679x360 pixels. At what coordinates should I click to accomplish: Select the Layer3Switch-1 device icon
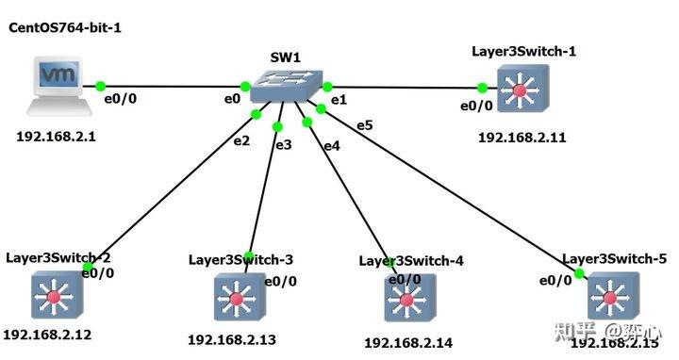click(521, 92)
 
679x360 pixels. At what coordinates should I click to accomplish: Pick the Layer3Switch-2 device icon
click(58, 294)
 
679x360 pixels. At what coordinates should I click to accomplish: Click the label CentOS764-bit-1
click(65, 28)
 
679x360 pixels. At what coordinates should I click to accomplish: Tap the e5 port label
click(364, 125)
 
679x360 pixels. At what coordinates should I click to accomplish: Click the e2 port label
click(241, 140)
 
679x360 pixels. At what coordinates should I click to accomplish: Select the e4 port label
click(331, 146)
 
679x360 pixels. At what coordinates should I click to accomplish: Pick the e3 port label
click(283, 144)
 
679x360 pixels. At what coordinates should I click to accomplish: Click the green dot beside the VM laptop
click(101, 86)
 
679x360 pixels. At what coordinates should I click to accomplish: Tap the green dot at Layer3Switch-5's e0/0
click(578, 273)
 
